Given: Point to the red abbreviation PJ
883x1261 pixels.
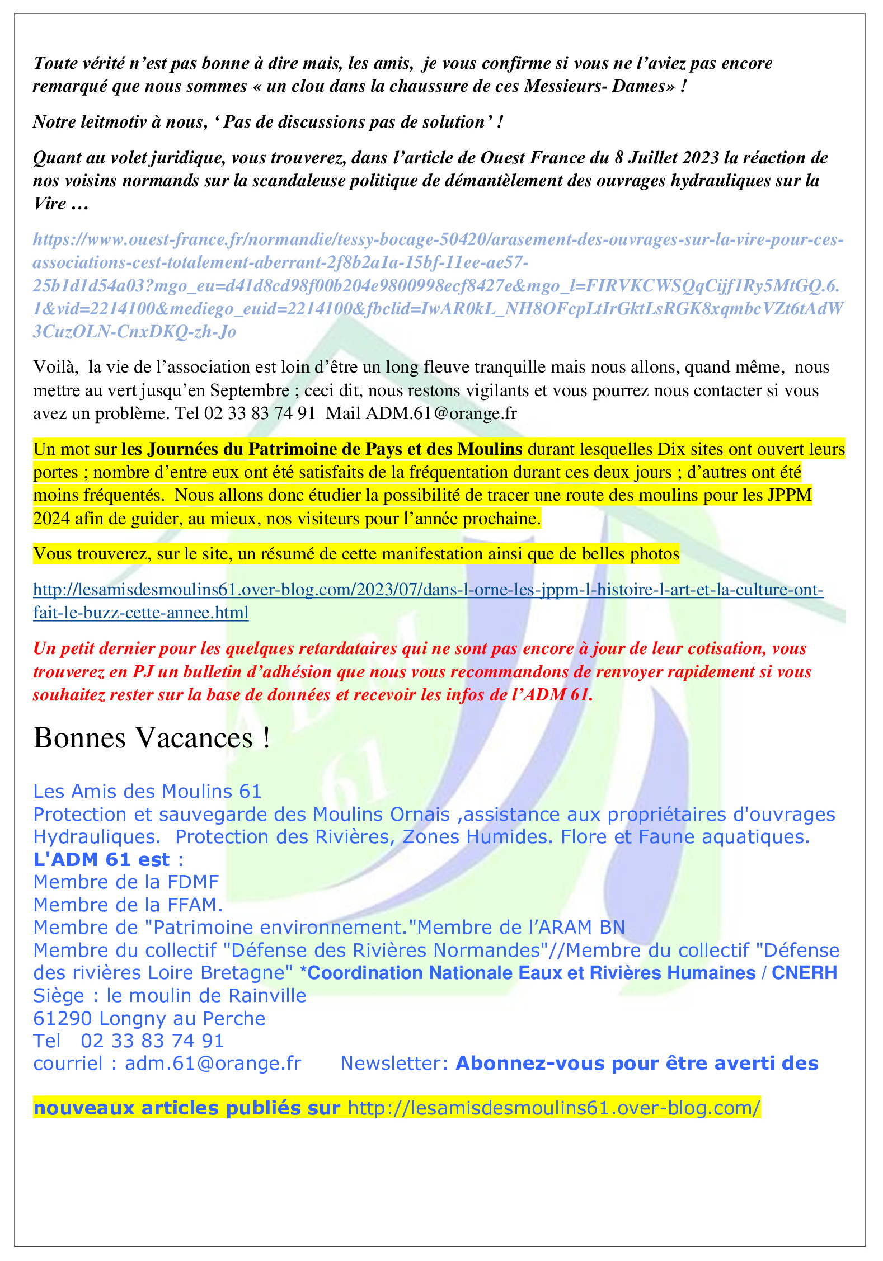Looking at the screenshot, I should [143, 672].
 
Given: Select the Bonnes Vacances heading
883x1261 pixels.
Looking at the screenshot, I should [152, 738].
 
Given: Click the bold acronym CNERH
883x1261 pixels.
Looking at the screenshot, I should [804, 973].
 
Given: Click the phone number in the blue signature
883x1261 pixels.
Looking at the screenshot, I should [152, 1041].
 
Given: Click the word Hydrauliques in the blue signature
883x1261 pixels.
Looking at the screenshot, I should [97, 837].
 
